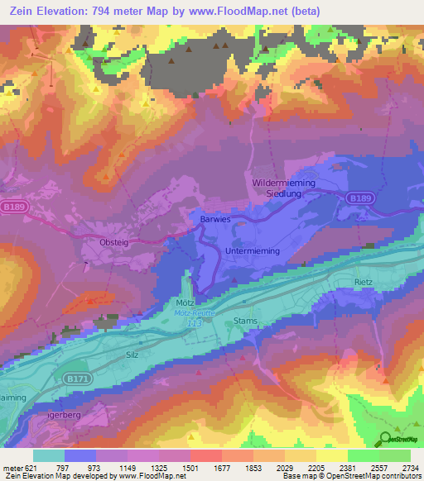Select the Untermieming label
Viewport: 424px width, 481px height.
(253, 250)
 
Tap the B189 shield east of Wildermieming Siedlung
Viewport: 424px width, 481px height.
(359, 198)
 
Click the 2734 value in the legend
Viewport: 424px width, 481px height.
(410, 467)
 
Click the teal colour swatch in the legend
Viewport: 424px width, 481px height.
(49, 455)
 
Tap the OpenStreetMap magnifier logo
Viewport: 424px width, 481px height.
(384, 439)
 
